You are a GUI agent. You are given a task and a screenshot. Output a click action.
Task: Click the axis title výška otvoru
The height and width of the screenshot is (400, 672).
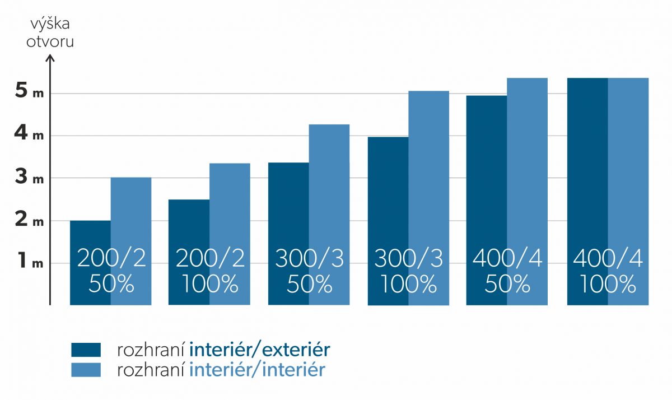click(x=50, y=33)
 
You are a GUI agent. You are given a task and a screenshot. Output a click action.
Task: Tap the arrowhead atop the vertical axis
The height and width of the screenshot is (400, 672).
click(x=50, y=57)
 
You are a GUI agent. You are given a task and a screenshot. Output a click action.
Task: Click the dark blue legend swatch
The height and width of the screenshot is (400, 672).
click(x=86, y=350)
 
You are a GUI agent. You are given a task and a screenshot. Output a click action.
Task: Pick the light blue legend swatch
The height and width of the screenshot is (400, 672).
click(x=86, y=369)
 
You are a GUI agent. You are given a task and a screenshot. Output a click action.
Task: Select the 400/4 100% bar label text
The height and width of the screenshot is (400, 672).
click(x=608, y=272)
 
